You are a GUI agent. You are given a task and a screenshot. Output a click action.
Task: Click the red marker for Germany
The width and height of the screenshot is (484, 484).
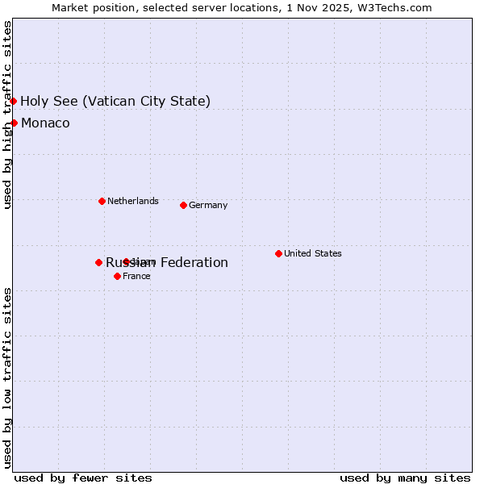pyautogui.click(x=183, y=205)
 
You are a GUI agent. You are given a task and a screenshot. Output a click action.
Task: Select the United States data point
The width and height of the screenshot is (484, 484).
pyautogui.click(x=278, y=253)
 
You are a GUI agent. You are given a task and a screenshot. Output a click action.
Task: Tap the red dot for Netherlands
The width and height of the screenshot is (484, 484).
pyautogui.click(x=102, y=201)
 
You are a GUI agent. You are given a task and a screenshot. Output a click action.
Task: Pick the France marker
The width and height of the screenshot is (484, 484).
pyautogui.click(x=117, y=276)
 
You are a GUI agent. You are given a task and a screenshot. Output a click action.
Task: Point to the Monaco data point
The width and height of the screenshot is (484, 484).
pyautogui.click(x=14, y=123)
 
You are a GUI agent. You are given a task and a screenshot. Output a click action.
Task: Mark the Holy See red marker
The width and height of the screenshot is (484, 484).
pyautogui.click(x=14, y=101)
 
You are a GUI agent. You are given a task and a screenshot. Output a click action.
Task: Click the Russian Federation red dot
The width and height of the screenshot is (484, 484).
pyautogui.click(x=98, y=262)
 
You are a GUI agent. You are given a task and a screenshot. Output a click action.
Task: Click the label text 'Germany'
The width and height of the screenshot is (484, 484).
pyautogui.click(x=208, y=205)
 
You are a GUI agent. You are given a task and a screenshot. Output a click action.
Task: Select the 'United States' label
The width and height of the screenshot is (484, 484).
pyautogui.click(x=312, y=253)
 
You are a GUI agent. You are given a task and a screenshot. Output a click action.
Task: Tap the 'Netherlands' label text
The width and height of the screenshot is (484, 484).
pyautogui.click(x=132, y=201)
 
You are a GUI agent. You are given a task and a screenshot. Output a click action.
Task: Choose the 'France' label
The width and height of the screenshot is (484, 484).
pyautogui.click(x=136, y=276)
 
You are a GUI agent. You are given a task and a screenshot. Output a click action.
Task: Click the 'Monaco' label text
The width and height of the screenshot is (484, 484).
pyautogui.click(x=45, y=123)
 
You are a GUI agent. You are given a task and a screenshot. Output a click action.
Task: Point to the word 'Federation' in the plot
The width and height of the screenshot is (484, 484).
pyautogui.click(x=194, y=262)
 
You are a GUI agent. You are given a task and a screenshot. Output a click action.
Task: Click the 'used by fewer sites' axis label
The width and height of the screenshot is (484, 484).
pyautogui.click(x=83, y=478)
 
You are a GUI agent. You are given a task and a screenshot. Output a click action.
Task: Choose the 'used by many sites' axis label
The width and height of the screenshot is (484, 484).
pyautogui.click(x=405, y=478)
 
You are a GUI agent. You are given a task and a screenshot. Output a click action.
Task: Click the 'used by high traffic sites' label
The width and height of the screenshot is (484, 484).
pyautogui.click(x=7, y=115)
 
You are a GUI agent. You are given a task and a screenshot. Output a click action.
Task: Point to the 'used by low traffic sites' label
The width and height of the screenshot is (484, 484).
pyautogui.click(x=7, y=377)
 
